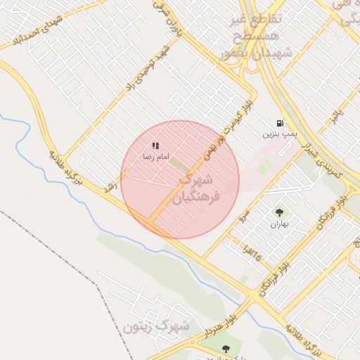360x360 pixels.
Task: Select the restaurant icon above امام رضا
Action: pyautogui.click(x=155, y=146)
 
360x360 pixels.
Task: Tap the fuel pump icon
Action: pyautogui.click(x=281, y=122)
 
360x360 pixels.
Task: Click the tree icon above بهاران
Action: pyautogui.click(x=280, y=212)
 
